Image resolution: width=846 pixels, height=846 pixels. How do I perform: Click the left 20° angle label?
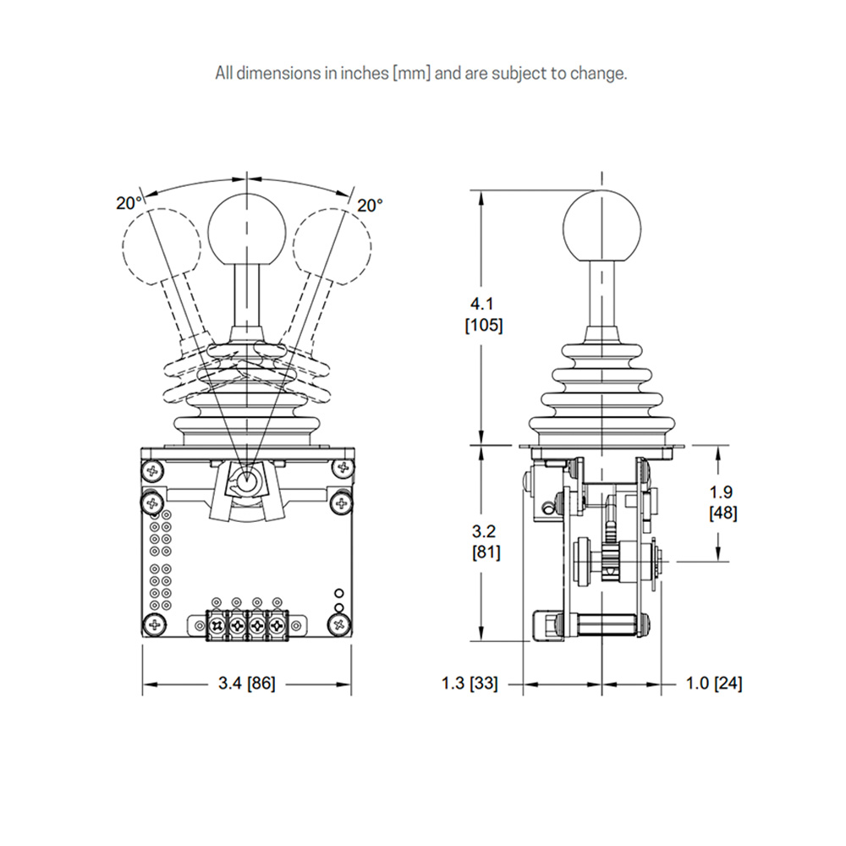(x=129, y=203)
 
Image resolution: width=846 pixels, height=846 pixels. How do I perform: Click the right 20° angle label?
(x=369, y=205)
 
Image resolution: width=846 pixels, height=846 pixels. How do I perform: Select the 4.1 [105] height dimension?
(x=484, y=315)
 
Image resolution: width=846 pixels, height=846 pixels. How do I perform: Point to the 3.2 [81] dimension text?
(x=483, y=541)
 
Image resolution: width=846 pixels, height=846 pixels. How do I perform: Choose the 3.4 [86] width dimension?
(x=246, y=684)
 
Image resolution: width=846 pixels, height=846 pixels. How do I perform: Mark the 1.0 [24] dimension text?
(x=715, y=684)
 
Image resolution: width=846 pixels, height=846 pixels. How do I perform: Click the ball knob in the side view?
(x=602, y=226)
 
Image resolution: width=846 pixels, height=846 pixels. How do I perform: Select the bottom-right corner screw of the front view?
(x=339, y=625)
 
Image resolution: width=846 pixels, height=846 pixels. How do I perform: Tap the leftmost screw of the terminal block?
(x=217, y=625)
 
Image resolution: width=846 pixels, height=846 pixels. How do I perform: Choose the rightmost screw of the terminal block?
(x=276, y=625)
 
